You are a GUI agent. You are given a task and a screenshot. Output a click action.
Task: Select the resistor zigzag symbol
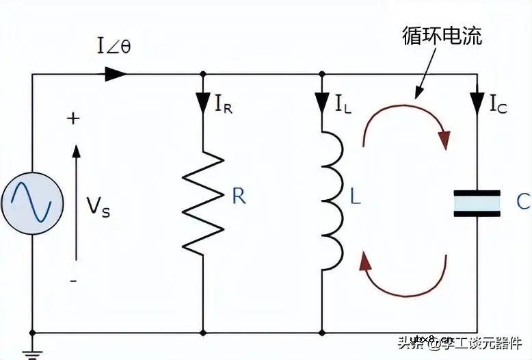click(x=203, y=203)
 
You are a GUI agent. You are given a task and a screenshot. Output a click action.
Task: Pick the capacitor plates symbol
click(x=477, y=203)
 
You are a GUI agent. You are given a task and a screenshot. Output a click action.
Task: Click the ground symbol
click(x=32, y=352)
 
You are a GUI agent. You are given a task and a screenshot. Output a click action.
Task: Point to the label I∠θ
click(x=114, y=48)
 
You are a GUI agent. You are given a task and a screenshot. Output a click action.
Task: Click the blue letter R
click(x=239, y=196)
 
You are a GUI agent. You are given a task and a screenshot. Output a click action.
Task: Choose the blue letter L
click(x=355, y=196)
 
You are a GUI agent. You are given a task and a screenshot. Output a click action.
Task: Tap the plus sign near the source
click(x=73, y=118)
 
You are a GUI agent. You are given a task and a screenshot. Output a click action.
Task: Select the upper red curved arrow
click(x=407, y=123)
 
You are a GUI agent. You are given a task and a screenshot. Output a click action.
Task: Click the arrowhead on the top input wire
click(x=116, y=73)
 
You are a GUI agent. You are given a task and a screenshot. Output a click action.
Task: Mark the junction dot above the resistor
click(x=203, y=73)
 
